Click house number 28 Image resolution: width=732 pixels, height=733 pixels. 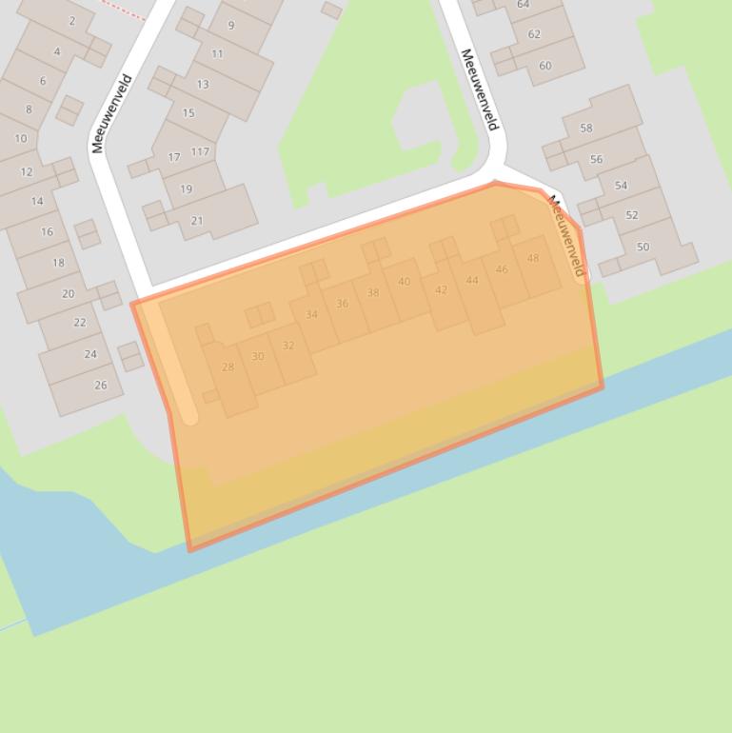[x=228, y=366]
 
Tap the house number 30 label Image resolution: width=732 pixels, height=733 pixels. [x=257, y=356]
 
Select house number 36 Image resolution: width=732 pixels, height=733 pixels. [x=342, y=304]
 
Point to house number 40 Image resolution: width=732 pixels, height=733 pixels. [x=405, y=282]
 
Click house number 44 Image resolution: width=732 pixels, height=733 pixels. [x=472, y=280]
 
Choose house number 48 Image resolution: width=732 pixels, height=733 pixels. [x=533, y=258]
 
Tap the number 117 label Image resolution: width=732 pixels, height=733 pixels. [x=200, y=151]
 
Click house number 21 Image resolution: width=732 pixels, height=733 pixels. [x=197, y=220]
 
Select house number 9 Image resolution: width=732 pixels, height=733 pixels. [x=230, y=26]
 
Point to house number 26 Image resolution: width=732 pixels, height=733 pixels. [x=101, y=385]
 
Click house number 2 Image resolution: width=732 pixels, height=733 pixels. [x=72, y=20]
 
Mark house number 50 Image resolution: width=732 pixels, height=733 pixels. [x=643, y=247]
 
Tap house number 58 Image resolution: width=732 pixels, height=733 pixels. [x=585, y=128]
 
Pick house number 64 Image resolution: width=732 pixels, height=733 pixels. [x=524, y=5]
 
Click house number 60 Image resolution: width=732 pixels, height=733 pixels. [x=544, y=66]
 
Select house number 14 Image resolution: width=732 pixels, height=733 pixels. [x=37, y=201]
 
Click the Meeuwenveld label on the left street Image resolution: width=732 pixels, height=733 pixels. [x=112, y=114]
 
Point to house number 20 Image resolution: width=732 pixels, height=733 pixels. [x=68, y=293]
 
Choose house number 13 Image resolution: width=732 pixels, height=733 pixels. [x=203, y=84]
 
